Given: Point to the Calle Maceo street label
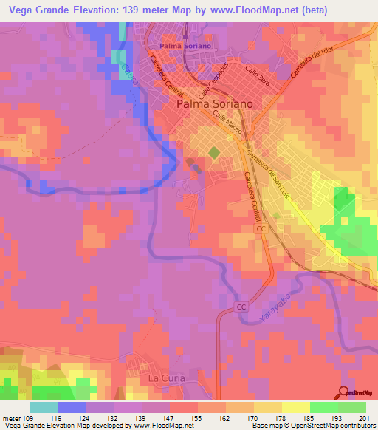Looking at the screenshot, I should coord(227,120).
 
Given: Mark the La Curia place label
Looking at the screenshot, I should coord(165,378).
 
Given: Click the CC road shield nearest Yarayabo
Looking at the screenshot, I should coord(241,306).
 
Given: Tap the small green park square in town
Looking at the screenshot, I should coord(213,153).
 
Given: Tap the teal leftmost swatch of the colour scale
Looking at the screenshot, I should coord(44,407).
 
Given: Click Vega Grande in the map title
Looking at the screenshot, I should coord(38,9).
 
